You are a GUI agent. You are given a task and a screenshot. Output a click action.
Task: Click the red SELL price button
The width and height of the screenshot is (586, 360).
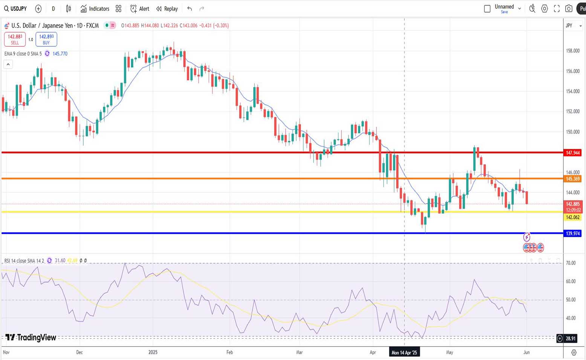click(15, 39)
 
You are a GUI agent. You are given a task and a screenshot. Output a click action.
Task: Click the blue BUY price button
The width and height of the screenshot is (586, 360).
click(46, 39)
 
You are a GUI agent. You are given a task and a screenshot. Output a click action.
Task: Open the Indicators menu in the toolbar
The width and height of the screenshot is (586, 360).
click(95, 9)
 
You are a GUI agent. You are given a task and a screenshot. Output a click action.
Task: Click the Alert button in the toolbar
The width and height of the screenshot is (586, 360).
click(139, 9)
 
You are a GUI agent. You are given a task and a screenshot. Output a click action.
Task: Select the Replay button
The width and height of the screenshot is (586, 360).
click(167, 9)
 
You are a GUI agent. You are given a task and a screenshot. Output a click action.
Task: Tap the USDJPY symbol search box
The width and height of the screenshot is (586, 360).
click(15, 9)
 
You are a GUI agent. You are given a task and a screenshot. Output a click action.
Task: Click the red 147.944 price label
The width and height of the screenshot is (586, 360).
click(572, 153)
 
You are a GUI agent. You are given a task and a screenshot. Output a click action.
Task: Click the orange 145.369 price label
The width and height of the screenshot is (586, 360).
click(572, 179)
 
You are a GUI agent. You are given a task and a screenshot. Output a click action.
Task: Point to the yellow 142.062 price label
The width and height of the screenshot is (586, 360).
click(572, 217)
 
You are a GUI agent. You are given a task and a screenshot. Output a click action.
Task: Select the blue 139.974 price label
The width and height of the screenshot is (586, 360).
click(572, 233)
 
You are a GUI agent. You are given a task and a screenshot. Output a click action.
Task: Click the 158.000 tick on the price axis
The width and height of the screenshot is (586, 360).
click(572, 51)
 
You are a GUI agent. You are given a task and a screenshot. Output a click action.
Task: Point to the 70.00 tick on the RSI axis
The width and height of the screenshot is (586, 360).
click(571, 263)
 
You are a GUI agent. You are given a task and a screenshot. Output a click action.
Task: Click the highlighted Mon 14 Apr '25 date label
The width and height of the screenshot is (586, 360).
click(404, 352)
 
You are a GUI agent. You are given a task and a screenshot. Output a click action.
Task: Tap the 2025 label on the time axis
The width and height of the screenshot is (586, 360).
click(153, 352)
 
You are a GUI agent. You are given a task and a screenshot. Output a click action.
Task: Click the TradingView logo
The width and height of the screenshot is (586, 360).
click(31, 337)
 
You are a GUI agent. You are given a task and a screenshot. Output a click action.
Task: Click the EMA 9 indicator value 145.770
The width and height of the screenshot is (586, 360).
click(60, 54)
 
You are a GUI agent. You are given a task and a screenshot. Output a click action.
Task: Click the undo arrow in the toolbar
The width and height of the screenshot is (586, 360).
click(190, 9)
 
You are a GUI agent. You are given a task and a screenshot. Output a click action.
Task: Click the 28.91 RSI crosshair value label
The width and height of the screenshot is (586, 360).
click(571, 339)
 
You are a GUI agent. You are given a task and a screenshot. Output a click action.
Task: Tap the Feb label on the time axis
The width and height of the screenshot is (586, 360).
click(230, 352)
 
